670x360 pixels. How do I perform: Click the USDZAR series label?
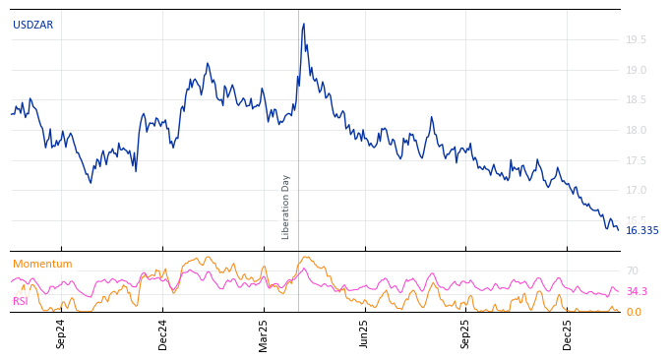pyautogui.click(x=32, y=26)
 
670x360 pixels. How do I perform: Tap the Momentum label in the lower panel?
pyautogui.click(x=42, y=265)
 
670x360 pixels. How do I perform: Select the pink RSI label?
pyautogui.click(x=20, y=301)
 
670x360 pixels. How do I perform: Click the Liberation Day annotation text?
pyautogui.click(x=286, y=207)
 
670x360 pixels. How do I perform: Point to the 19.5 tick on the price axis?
pyautogui.click(x=637, y=39)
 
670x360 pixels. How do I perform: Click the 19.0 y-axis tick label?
pyautogui.click(x=637, y=70)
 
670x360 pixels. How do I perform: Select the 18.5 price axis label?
pyautogui.click(x=637, y=100)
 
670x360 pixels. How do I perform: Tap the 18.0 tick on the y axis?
pyautogui.click(x=637, y=130)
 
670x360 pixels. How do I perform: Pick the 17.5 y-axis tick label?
pyautogui.click(x=637, y=160)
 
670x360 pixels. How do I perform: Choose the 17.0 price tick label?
pyautogui.click(x=637, y=191)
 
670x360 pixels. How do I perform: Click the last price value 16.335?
pyautogui.click(x=642, y=231)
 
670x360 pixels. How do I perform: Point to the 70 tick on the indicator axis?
pyautogui.click(x=633, y=270)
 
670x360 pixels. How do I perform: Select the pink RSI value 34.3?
pyautogui.click(x=637, y=292)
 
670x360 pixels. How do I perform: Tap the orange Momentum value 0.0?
pyautogui.click(x=634, y=313)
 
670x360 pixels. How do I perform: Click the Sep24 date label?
pyautogui.click(x=61, y=333)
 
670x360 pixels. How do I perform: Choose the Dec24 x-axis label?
pyautogui.click(x=163, y=333)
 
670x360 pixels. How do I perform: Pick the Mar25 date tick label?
pyautogui.click(x=265, y=333)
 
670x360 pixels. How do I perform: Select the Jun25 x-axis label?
pyautogui.click(x=365, y=333)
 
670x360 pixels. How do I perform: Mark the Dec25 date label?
pyautogui.click(x=568, y=333)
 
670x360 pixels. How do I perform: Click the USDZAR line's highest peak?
pyautogui.click(x=303, y=24)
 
